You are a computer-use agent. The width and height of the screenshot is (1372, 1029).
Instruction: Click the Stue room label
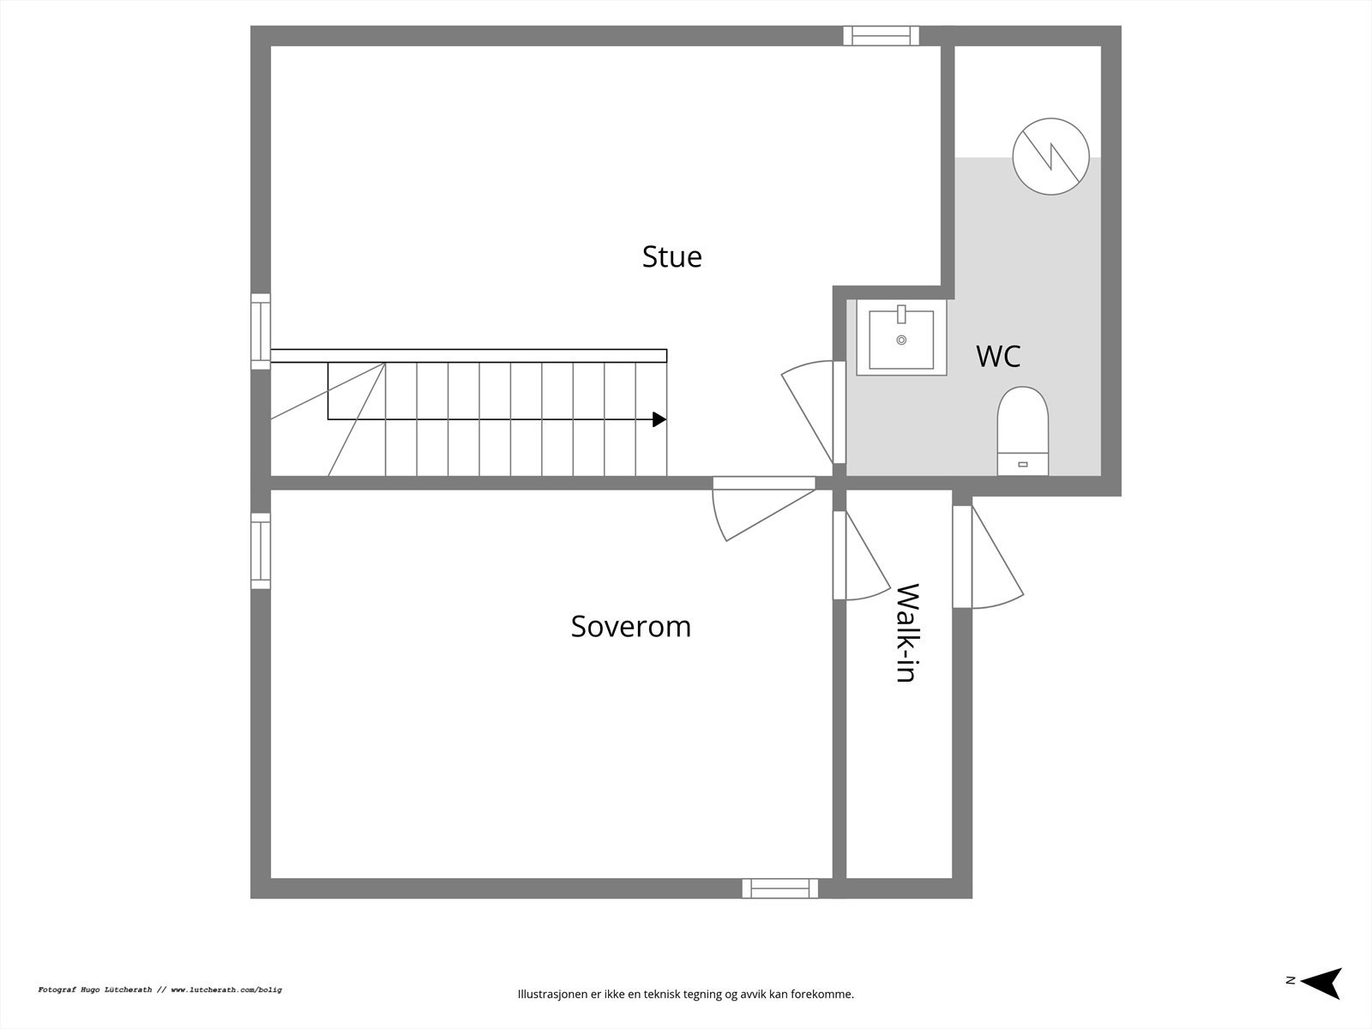(671, 256)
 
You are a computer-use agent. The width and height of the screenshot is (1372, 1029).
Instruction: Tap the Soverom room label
(630, 626)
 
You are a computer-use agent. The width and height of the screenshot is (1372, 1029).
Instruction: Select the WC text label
(998, 356)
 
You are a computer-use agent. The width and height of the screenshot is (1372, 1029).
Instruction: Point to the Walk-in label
(906, 633)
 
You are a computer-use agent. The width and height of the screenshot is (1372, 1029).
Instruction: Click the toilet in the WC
(1022, 429)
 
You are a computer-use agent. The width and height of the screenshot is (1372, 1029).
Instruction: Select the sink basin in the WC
(901, 338)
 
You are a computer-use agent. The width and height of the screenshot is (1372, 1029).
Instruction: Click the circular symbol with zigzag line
(1050, 157)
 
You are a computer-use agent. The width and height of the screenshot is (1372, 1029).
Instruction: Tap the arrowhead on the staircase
(659, 419)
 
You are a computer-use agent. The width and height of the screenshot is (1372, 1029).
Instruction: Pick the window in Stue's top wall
(881, 35)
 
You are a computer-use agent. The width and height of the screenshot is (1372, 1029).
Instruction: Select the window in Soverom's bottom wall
(779, 888)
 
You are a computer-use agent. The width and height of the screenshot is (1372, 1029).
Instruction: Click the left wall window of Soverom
(261, 551)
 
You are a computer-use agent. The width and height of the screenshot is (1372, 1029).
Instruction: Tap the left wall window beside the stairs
(261, 331)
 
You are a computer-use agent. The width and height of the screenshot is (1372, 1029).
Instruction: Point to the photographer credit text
(159, 990)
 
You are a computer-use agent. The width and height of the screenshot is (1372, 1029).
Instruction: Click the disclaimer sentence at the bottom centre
(685, 995)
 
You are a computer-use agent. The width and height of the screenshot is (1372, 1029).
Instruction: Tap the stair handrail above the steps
(468, 356)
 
